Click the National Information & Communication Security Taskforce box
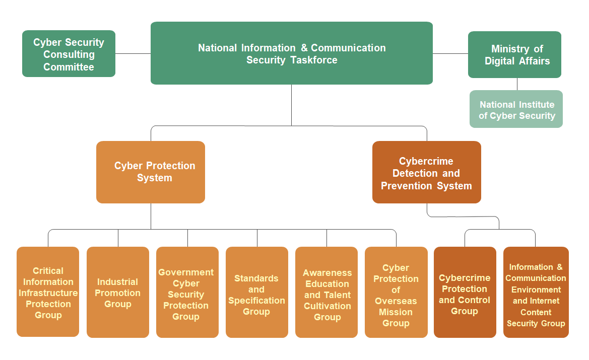coord(291,53)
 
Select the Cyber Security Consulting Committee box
coord(69,54)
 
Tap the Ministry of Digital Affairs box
coord(514,54)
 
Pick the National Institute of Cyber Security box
coord(516,109)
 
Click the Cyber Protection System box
coord(151,172)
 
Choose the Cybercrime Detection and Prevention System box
coord(426,172)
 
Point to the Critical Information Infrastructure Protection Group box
coord(48,292)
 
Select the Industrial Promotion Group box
coord(117,292)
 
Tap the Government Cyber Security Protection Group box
coord(187,292)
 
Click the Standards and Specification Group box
coord(256,292)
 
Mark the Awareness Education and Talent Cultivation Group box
coord(326,292)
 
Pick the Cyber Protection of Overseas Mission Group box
coord(396,292)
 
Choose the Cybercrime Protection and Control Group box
coord(465,292)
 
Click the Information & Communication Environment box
coord(536,292)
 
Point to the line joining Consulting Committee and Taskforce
coord(133,53)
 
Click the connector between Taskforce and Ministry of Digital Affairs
coord(450,53)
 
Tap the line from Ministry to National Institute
coord(517,84)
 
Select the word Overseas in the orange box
coord(396,301)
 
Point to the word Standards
coord(256,278)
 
